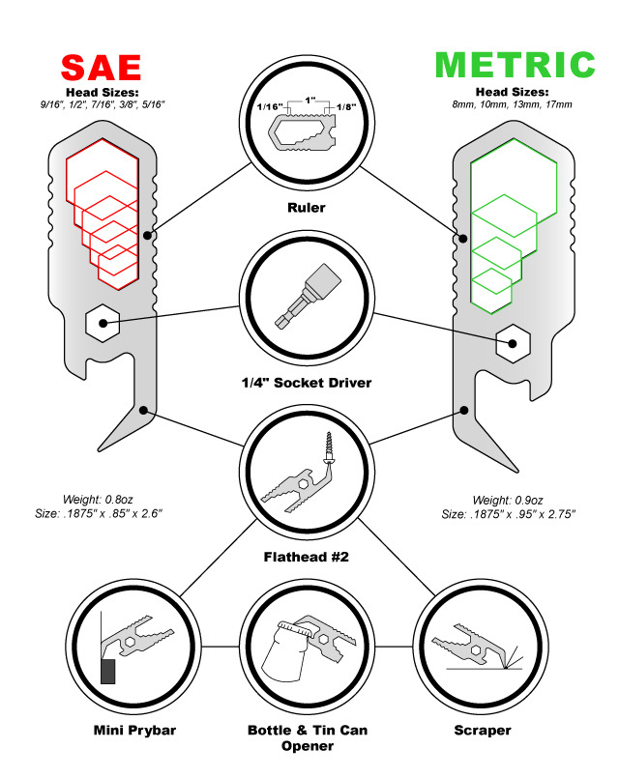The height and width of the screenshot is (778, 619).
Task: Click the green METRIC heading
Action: (x=514, y=65)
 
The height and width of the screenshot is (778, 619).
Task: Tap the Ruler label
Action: (x=306, y=206)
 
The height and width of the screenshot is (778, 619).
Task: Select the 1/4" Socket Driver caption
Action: (x=306, y=383)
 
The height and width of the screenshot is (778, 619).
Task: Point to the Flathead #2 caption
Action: (x=306, y=558)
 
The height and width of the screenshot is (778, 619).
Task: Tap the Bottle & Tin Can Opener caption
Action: (x=307, y=738)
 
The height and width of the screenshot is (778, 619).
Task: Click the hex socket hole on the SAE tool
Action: (x=102, y=321)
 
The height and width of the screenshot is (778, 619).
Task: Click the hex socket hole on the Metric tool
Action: (x=513, y=341)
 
